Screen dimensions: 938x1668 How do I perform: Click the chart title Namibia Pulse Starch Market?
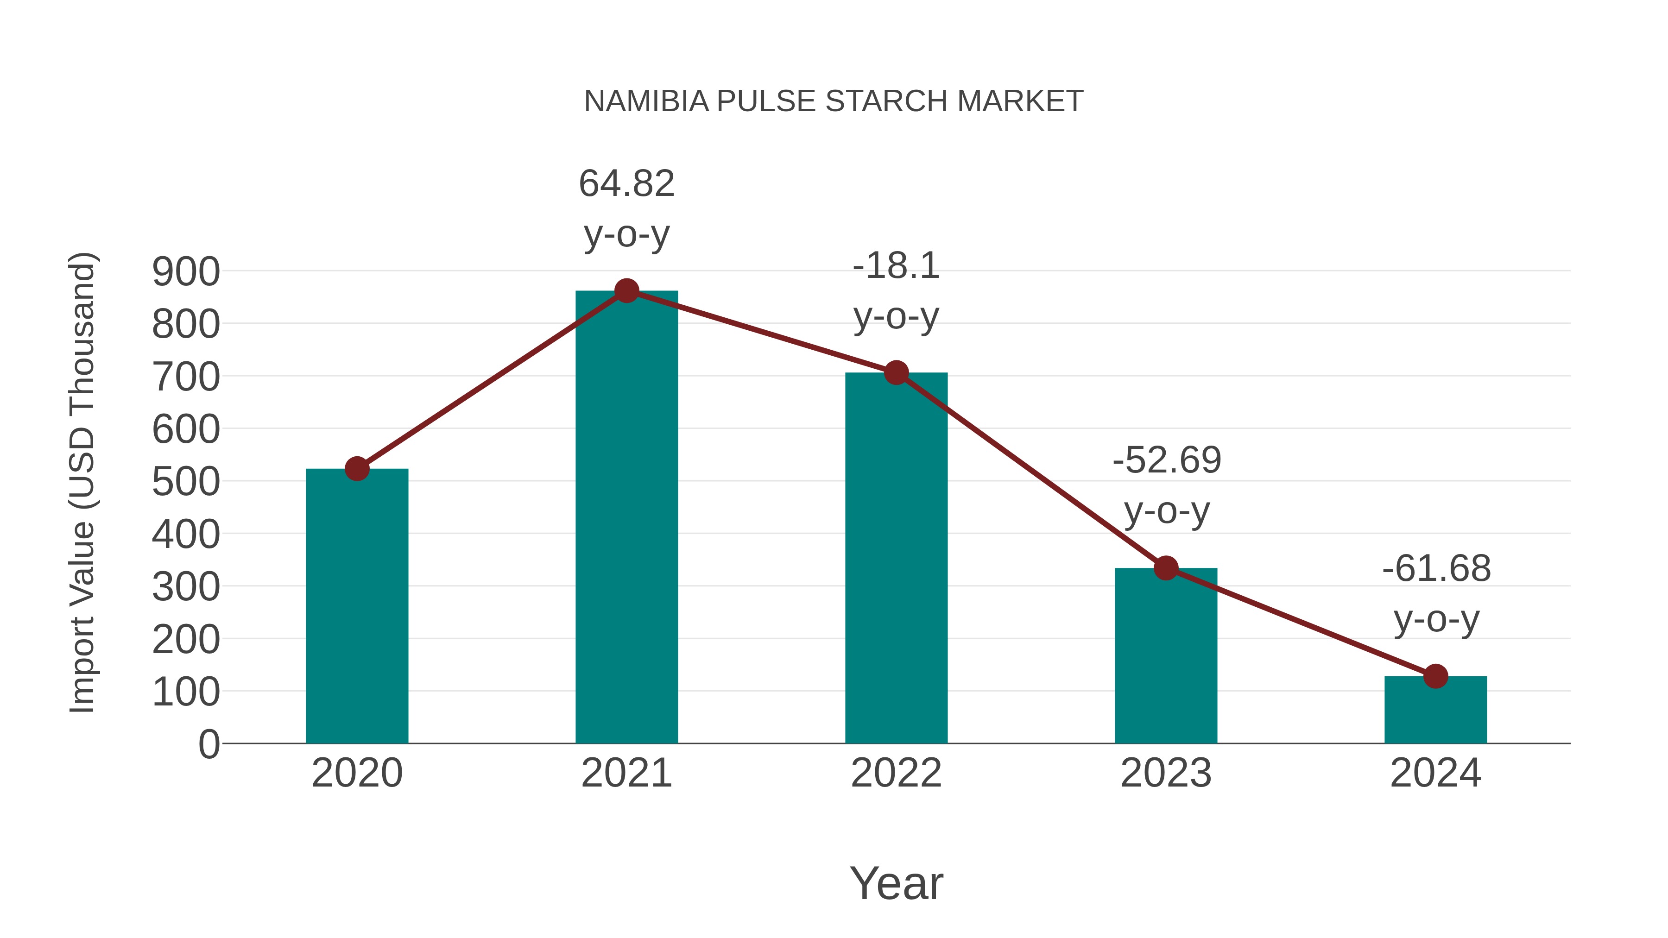[834, 101]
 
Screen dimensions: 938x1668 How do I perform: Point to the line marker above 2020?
[357, 469]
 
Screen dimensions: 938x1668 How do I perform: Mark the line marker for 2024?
[1435, 676]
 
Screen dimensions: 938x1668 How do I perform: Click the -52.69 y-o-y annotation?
[1166, 485]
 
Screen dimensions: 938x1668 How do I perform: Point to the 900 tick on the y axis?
[186, 272]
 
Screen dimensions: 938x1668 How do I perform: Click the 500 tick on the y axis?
[186, 482]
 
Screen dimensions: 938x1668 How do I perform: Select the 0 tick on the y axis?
[208, 744]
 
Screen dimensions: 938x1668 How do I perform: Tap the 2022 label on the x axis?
[896, 773]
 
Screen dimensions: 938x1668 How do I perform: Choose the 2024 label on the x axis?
[1435, 773]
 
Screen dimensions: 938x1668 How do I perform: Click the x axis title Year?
[896, 884]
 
